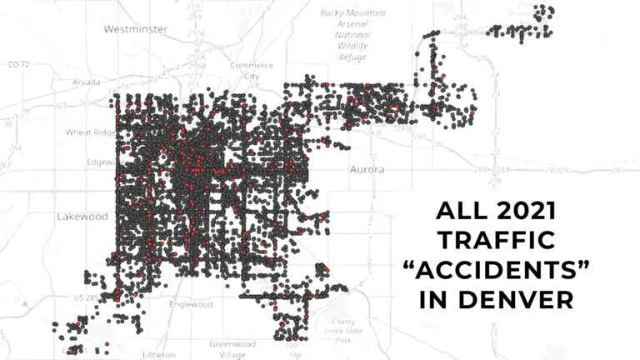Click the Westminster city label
click(x=135, y=29)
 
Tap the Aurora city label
click(x=366, y=170)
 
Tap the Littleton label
click(x=158, y=354)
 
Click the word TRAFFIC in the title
click(x=497, y=240)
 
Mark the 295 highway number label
click(x=617, y=171)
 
